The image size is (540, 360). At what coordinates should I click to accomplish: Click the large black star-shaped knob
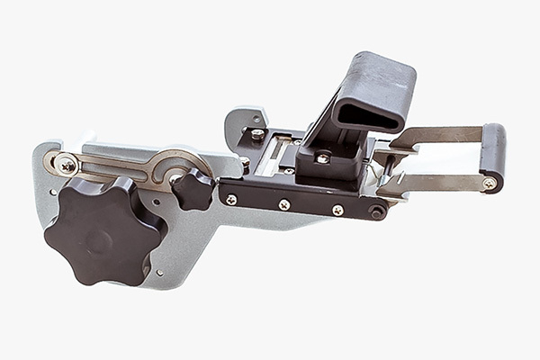(x=102, y=230)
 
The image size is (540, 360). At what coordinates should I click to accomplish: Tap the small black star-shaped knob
(x=193, y=188)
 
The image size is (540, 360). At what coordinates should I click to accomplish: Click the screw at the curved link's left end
(x=67, y=165)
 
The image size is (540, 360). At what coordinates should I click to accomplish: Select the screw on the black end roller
(x=489, y=183)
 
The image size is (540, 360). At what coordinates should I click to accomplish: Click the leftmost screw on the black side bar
(x=231, y=199)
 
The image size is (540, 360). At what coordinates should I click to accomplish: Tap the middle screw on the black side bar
(x=284, y=204)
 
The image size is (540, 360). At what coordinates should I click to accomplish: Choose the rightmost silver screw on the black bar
(x=337, y=210)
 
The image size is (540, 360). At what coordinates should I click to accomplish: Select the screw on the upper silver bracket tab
(x=257, y=134)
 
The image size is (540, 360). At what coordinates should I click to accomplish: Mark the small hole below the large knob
(x=158, y=272)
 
